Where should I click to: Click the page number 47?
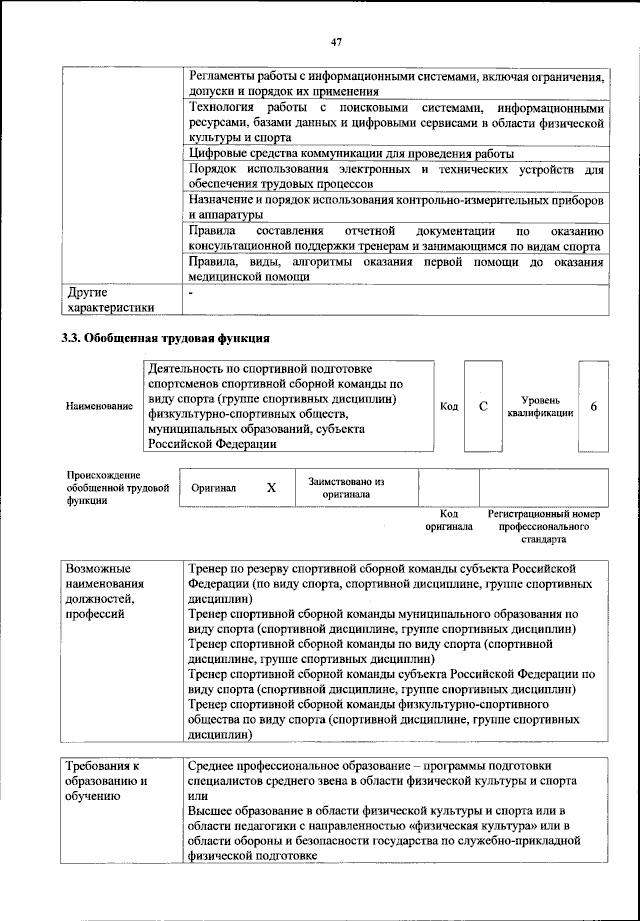tap(337, 41)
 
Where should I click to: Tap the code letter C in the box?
tap(483, 406)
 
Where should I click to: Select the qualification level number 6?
tap(594, 406)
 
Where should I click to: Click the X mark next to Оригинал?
tap(270, 489)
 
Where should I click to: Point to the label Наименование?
tap(99, 407)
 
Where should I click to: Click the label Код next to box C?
tap(449, 406)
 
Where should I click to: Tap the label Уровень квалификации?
tap(540, 406)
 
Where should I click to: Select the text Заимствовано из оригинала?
tap(347, 487)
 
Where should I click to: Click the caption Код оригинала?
tap(448, 519)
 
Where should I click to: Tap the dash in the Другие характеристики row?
tap(190, 293)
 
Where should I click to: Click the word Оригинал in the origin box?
tap(214, 489)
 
